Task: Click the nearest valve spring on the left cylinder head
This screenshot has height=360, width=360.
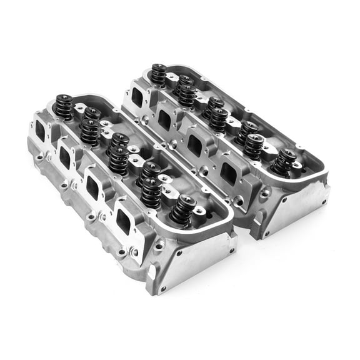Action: (181, 211)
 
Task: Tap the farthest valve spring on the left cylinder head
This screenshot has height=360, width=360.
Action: (64, 107)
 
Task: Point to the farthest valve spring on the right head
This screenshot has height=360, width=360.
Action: (159, 75)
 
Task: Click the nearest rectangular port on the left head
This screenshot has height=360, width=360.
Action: (123, 221)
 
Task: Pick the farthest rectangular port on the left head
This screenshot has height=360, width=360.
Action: (41, 131)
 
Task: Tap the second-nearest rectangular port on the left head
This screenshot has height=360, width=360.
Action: (93, 187)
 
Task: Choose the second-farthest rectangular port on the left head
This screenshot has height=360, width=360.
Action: (65, 158)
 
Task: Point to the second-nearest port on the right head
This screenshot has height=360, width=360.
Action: (195, 146)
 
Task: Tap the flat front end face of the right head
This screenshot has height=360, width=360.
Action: (294, 209)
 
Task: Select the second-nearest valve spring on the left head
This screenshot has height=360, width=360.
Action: (151, 192)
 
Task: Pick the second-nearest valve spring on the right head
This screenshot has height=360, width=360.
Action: (253, 146)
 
